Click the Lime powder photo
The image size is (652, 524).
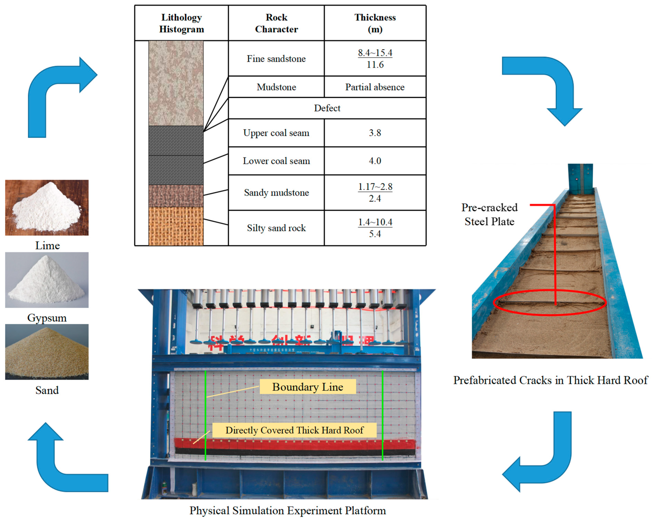pos(47,207)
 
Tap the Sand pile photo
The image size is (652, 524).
pos(47,352)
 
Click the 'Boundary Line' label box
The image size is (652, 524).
pos(308,387)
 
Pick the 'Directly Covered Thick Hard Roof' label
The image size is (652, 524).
pos(294,430)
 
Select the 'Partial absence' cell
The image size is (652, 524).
pos(375,87)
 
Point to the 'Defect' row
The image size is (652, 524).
pos(327,108)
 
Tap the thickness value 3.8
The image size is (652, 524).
pos(375,133)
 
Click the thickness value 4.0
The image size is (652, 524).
pos(375,161)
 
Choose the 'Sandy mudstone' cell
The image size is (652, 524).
pos(276,193)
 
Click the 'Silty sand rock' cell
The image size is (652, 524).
pos(276,228)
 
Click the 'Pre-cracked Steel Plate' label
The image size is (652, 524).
pos(489,214)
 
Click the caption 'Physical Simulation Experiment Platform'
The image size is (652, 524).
pos(288,511)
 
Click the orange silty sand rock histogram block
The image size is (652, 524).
pos(176,226)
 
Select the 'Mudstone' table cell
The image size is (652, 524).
pos(276,87)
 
